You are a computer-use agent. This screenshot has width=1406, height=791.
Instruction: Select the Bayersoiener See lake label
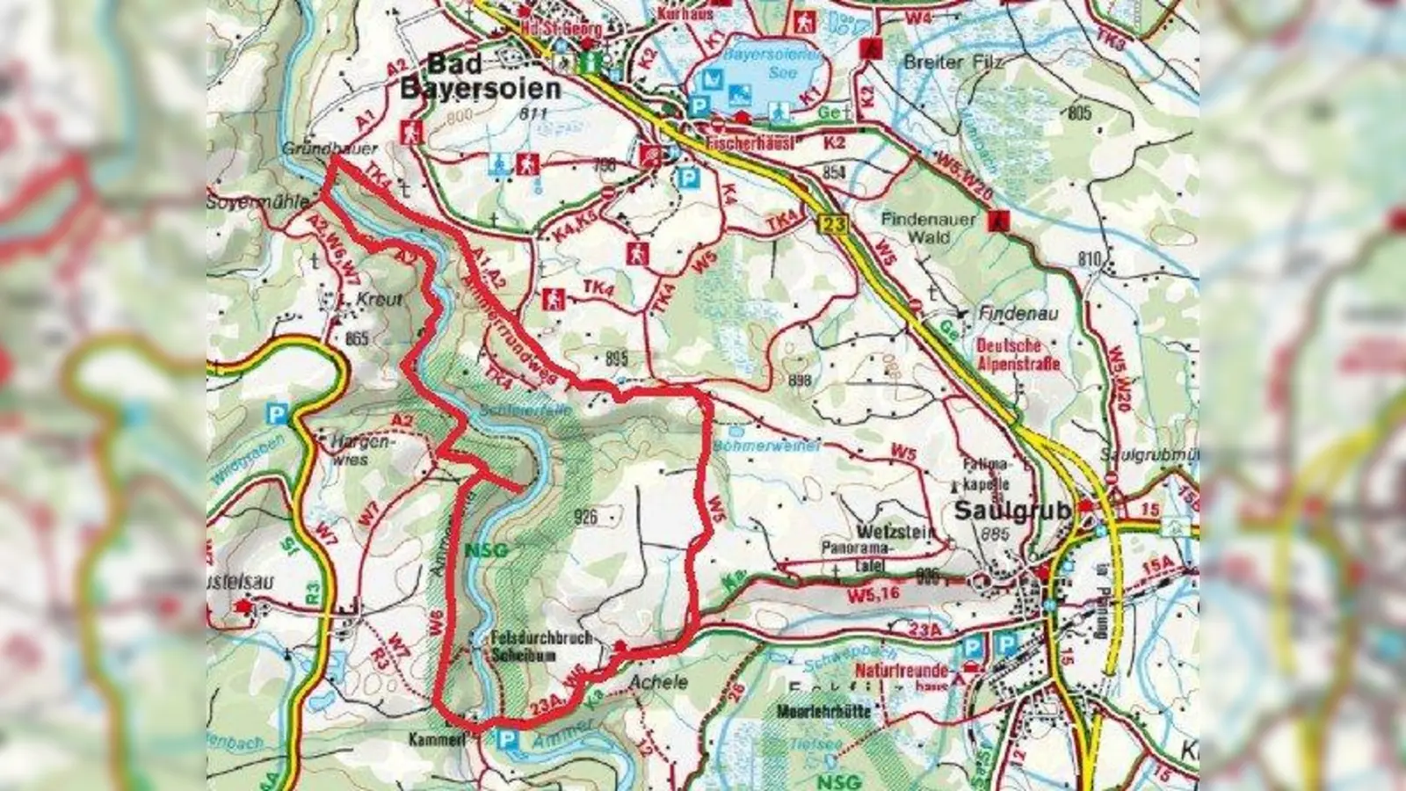[x=758, y=63]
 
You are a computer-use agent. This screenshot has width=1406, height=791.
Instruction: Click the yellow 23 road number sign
[x=834, y=224]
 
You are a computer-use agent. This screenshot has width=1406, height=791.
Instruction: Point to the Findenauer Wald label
[x=929, y=228]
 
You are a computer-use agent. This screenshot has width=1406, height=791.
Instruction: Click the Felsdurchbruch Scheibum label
[x=541, y=646]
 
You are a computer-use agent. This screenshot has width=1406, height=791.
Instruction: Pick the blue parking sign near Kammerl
[x=506, y=741]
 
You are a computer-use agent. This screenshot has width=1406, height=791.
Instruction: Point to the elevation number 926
[x=584, y=516]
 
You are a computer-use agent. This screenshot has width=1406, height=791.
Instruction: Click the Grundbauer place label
[x=330, y=149]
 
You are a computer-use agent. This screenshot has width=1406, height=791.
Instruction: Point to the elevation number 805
[x=1080, y=113]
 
